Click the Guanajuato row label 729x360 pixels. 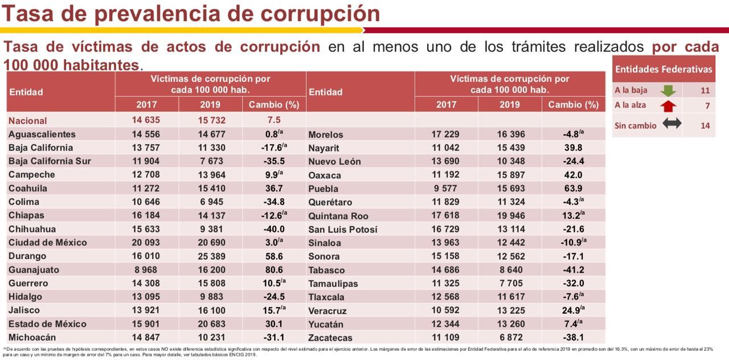pos(35,270)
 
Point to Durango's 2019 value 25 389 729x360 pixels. pos(210,256)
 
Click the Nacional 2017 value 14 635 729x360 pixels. pos(146,120)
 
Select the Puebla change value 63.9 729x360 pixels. pos(573,189)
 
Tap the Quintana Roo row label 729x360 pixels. pos(338,216)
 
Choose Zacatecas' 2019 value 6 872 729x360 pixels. pos(510,338)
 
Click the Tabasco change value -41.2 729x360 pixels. pos(573,270)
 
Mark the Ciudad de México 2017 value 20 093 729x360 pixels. pos(146,243)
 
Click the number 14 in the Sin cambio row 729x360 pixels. pos(705,126)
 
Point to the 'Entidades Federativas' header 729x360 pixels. pos(664,69)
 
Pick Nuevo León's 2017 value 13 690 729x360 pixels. pos(446,161)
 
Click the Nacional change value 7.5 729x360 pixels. pos(274,120)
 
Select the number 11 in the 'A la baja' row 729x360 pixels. pos(705,91)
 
